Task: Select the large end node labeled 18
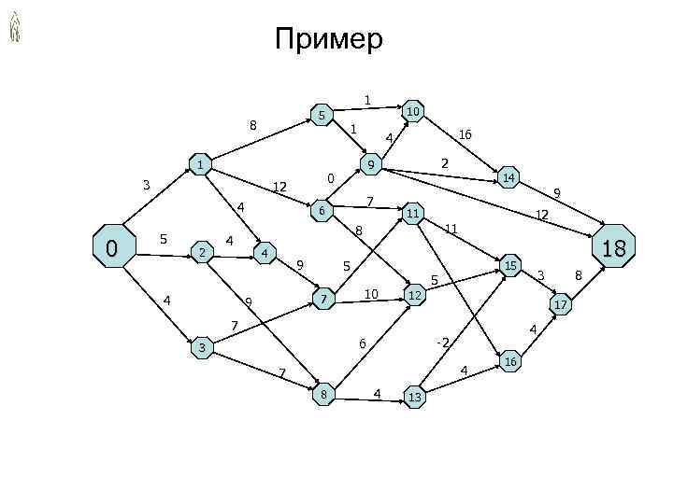[613, 247]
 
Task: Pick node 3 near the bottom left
[200, 348]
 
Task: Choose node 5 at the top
[321, 116]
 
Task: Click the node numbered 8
[324, 395]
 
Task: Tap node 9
[371, 166]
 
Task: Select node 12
[415, 296]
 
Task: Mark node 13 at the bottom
[415, 399]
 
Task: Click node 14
[508, 176]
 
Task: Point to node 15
[510, 266]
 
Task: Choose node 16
[510, 361]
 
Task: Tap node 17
[561, 305]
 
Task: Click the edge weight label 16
[465, 134]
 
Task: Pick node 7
[323, 300]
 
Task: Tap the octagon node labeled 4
[265, 253]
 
